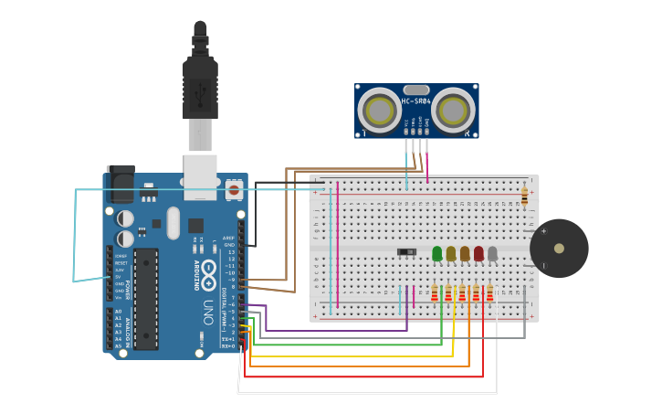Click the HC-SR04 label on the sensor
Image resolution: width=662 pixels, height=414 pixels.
coord(416,101)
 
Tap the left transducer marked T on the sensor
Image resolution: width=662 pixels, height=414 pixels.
coord(378,111)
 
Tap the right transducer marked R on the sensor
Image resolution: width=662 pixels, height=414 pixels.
coord(454,111)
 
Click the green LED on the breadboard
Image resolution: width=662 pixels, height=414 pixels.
coord(437,253)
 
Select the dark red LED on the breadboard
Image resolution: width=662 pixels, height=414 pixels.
coord(478,253)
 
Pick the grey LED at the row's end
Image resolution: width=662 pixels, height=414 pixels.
coord(492,253)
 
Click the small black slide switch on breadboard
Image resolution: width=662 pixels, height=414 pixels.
coord(407,251)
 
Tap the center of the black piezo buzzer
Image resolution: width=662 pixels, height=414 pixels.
coord(558,249)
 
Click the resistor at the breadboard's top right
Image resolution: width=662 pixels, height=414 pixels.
coord(524,195)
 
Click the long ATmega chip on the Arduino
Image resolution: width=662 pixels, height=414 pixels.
coord(146,298)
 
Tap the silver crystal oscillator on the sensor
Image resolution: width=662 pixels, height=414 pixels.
coord(416,90)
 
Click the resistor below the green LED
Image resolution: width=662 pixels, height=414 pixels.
coord(435,292)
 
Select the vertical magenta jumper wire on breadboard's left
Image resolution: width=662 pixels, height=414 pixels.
coord(338,243)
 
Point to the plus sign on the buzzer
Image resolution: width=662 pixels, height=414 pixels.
coord(544,231)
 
